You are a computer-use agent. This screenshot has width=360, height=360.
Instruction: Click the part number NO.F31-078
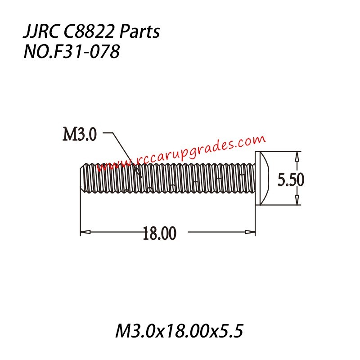71,53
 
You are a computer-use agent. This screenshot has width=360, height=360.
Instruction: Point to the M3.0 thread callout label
79,134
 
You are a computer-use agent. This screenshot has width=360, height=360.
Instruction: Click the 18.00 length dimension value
159,233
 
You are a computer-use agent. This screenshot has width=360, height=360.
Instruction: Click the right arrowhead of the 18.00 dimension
250,232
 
